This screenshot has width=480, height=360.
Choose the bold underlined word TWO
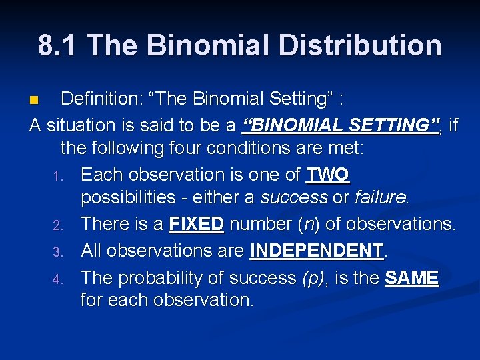(x=327, y=175)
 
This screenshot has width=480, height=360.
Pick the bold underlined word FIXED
(x=197, y=225)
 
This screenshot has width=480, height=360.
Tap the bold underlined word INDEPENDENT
(x=317, y=250)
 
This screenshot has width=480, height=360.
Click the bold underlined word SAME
(x=412, y=277)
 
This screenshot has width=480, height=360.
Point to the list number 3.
(x=57, y=252)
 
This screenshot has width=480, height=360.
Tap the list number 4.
(x=57, y=279)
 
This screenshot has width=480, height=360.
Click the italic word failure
(x=381, y=198)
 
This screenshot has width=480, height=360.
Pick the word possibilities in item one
(x=127, y=198)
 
